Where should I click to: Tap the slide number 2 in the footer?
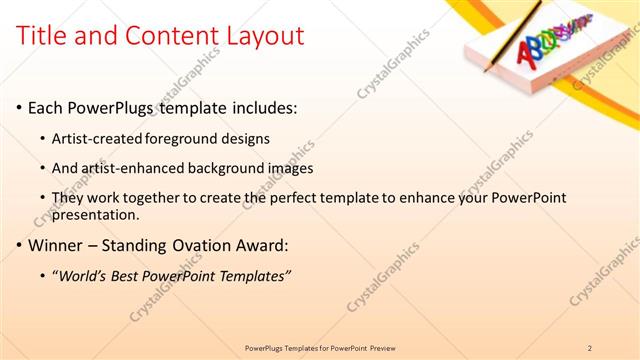[x=590, y=347]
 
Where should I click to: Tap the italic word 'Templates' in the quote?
[x=254, y=275]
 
